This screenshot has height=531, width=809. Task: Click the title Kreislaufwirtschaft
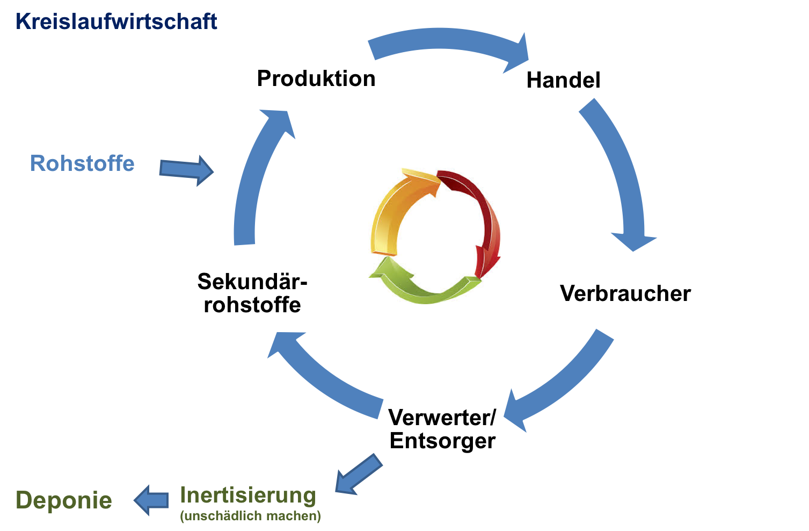click(x=116, y=21)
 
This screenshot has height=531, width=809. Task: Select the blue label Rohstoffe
click(x=82, y=163)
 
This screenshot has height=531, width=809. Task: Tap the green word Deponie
click(x=64, y=500)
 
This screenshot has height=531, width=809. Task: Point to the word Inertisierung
click(x=247, y=496)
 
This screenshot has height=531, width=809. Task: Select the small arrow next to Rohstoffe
click(x=186, y=170)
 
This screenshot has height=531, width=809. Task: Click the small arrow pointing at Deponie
click(x=151, y=500)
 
